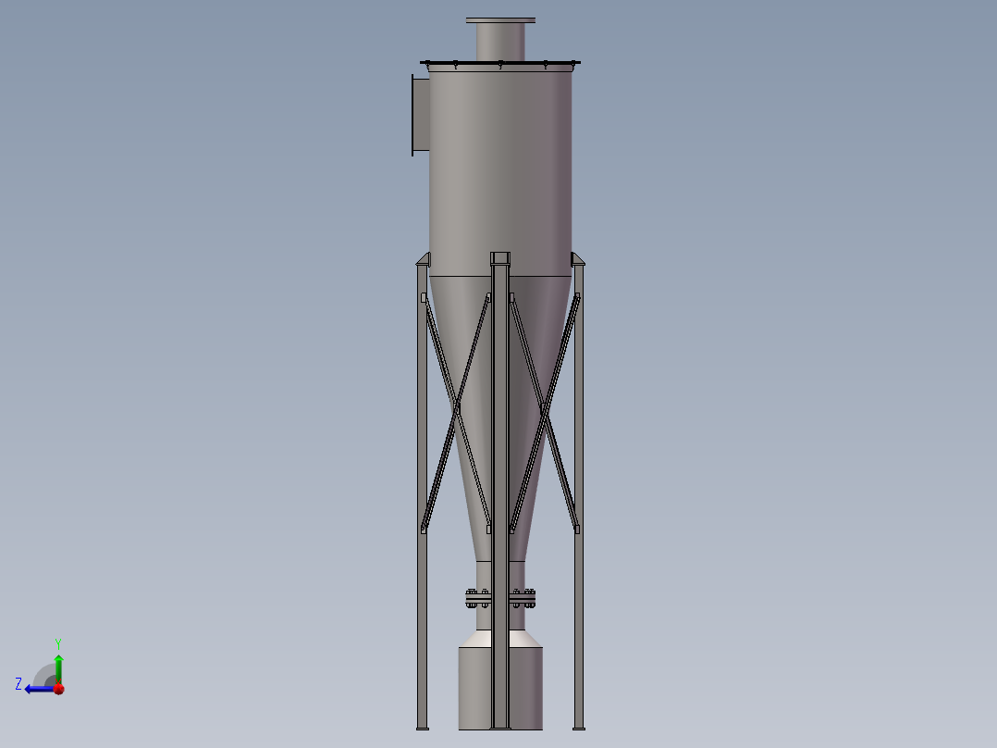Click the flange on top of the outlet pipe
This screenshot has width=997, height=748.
tap(500, 20)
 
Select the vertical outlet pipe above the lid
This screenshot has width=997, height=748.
tap(500, 43)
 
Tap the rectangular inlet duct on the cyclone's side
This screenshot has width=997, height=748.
tap(421, 116)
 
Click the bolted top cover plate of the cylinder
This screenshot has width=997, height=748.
tap(500, 64)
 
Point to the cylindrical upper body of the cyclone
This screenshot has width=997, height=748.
tap(500, 167)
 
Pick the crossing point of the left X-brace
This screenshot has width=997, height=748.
tap(456, 407)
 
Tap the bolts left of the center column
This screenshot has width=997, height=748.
tap(478, 598)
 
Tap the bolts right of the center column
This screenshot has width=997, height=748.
tap(523, 598)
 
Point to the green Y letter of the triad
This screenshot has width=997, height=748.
tap(58, 642)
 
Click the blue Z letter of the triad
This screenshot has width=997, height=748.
tap(18, 684)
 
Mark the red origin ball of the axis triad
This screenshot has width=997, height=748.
tap(58, 689)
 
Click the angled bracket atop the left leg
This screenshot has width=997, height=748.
tap(424, 259)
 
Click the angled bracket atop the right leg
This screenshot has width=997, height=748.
tap(578, 259)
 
